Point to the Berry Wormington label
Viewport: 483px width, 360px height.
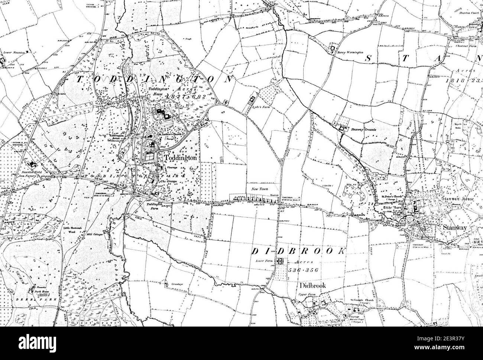pos(350,53)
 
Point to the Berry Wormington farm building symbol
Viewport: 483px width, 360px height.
pos(333,48)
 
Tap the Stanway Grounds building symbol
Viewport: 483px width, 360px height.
pos(341,128)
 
